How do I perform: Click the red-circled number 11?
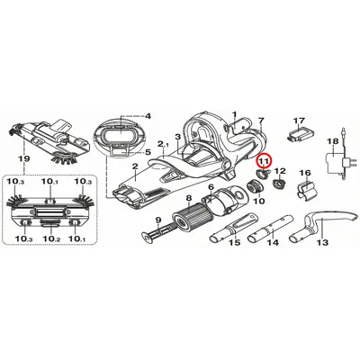point(264,161)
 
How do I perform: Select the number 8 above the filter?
point(188,198)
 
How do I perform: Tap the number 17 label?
point(299,121)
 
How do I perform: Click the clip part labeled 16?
point(307,189)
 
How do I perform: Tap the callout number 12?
point(281,171)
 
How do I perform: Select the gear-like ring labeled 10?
point(256,187)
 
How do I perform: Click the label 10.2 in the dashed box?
point(50,239)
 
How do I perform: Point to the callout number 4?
point(148,116)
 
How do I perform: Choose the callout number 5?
point(148,152)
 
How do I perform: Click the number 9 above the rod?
point(158,220)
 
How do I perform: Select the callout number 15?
point(235,242)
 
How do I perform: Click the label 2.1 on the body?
point(164,144)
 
